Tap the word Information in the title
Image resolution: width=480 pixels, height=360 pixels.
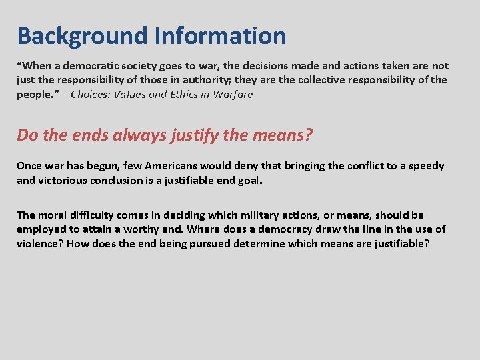pyautogui.click(x=221, y=36)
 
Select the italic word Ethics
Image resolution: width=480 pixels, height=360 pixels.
pyautogui.click(x=178, y=94)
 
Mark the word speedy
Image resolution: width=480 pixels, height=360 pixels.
pyautogui.click(x=425, y=166)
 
